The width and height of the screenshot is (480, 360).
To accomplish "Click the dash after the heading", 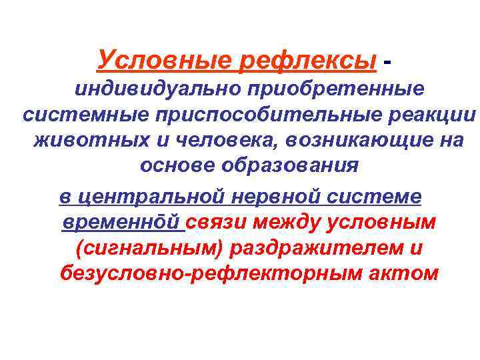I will [x=388, y=61].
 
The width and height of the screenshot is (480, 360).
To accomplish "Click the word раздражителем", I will [x=317, y=249].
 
